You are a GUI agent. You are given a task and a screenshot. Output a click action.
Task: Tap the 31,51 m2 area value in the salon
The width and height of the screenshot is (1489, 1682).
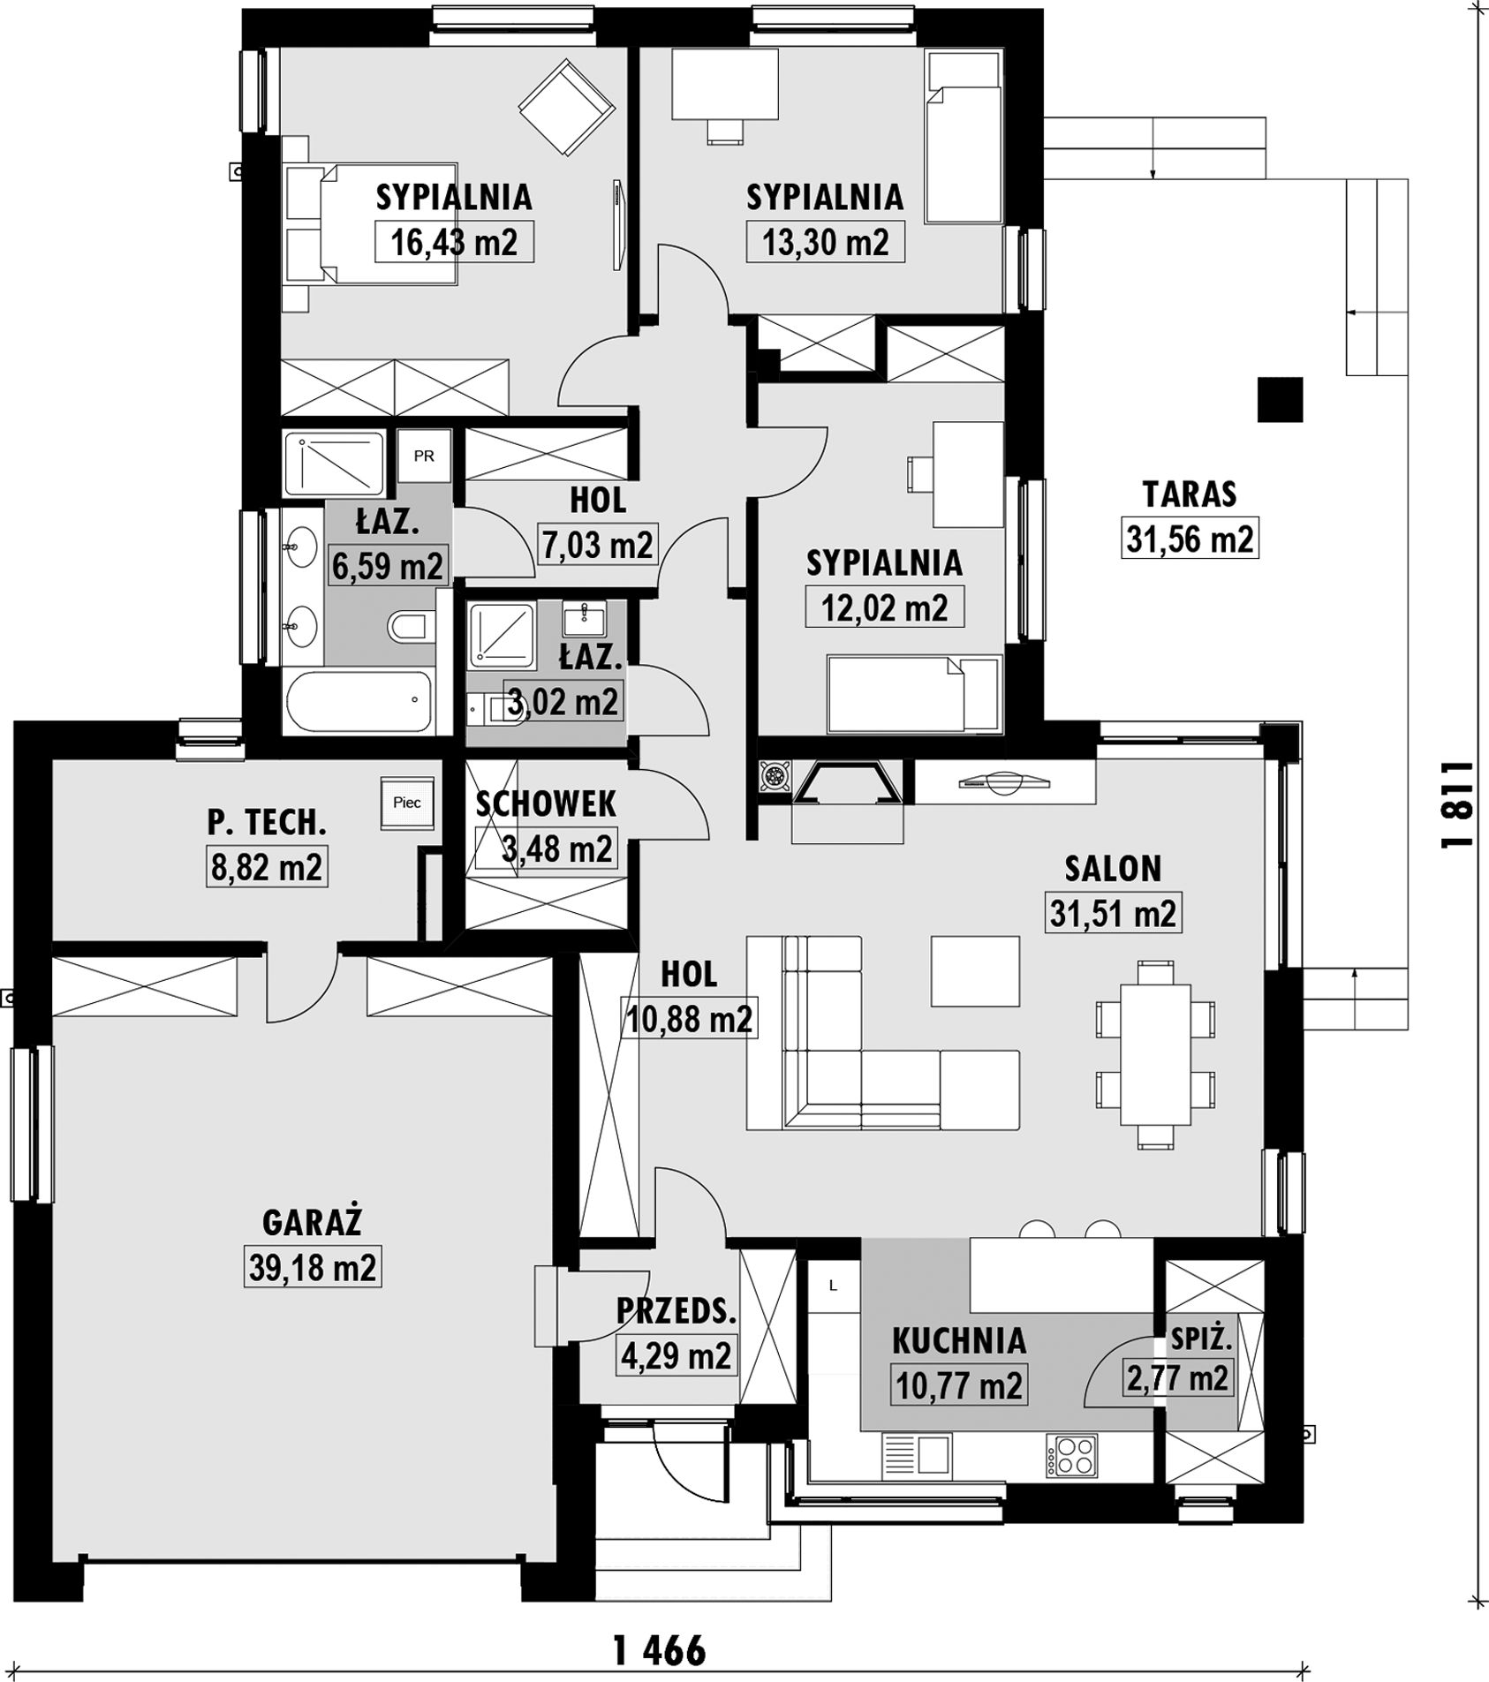(1113, 913)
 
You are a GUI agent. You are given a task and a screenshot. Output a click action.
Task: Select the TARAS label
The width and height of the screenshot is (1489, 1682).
(1190, 494)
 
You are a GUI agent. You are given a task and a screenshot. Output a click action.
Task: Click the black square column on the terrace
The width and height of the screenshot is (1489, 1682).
(1281, 399)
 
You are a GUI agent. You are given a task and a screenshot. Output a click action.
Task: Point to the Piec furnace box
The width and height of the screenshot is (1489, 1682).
(407, 803)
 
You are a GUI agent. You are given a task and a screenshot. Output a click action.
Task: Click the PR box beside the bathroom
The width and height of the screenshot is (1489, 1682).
(424, 456)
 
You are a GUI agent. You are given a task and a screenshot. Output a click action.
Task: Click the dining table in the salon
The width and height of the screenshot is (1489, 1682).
(1155, 1054)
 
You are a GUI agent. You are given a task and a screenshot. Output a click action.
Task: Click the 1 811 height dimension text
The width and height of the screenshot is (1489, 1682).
(1457, 804)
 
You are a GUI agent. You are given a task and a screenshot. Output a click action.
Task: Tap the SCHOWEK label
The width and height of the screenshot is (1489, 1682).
(546, 803)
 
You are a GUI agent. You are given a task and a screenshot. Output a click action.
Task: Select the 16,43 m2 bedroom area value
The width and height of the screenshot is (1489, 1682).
(454, 241)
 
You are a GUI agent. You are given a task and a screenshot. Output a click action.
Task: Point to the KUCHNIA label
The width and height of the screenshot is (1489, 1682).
(959, 1340)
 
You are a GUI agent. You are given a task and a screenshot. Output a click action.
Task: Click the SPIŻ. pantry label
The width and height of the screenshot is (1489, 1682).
(1201, 1339)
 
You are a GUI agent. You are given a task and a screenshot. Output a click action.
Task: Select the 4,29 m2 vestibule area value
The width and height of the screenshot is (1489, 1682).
(676, 1354)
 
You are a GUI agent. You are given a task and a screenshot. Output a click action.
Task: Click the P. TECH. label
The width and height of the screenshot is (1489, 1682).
(267, 823)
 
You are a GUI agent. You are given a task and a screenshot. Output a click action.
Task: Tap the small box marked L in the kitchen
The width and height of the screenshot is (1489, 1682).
(832, 1286)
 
